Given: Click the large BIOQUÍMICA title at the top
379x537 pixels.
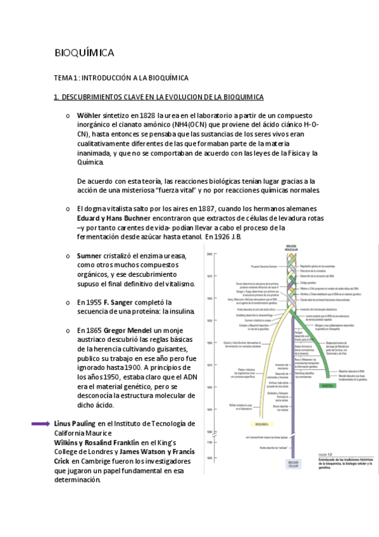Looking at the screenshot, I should click(84, 53).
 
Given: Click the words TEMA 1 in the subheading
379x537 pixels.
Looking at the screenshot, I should click(66, 77).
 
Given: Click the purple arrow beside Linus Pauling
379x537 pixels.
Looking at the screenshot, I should click(41, 424).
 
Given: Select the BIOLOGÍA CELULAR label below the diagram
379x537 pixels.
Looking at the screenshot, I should click(293, 465).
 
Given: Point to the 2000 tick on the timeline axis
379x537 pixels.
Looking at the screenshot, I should click(208, 254).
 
